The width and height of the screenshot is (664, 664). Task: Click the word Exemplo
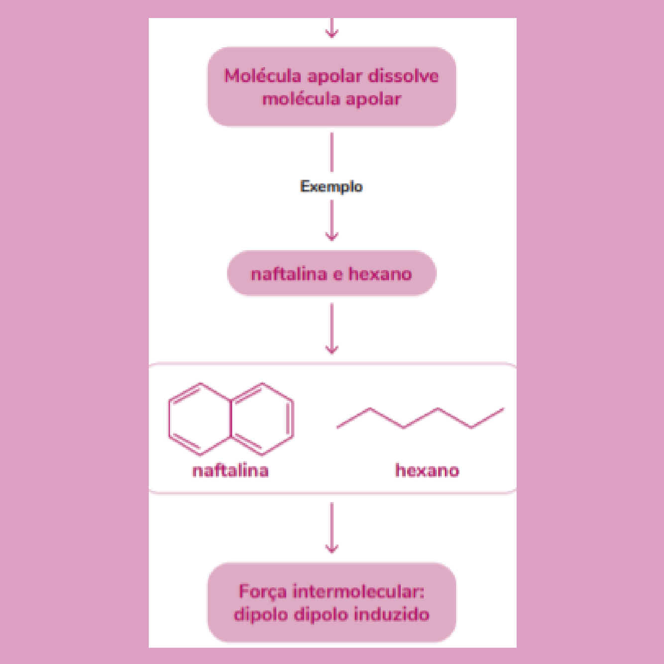tap(331, 187)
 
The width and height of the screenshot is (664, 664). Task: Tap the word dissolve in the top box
tap(403, 76)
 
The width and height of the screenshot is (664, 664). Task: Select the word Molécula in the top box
tap(262, 76)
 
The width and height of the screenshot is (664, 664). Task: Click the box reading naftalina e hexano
tap(332, 274)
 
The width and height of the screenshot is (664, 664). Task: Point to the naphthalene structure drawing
tap(231, 419)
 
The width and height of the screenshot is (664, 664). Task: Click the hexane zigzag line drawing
tap(421, 418)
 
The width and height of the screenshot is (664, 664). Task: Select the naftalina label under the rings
tap(230, 470)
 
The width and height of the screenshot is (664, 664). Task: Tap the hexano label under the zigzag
tap(427, 470)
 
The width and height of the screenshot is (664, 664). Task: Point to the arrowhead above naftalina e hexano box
tap(332, 235)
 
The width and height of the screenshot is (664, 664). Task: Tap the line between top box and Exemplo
tap(332, 152)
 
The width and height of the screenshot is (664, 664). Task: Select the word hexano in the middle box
tap(380, 274)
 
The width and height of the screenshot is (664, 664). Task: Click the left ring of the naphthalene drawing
tap(200, 419)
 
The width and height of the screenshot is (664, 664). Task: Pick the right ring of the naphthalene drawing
tap(262, 419)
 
